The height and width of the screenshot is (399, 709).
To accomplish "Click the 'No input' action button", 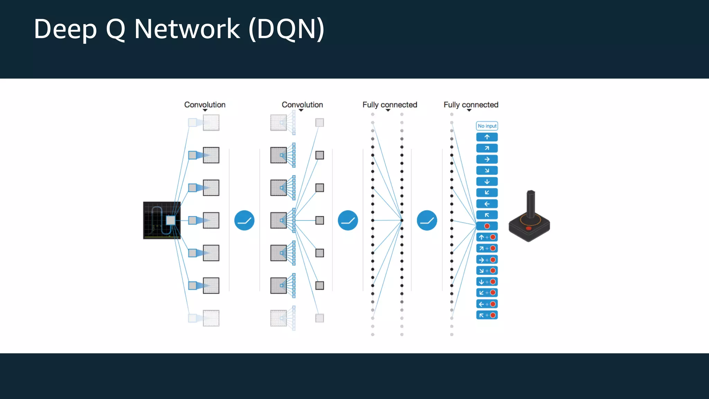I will [487, 126].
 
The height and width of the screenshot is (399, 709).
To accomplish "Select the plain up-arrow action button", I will [487, 137].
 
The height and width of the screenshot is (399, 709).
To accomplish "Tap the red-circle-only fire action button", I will [487, 226].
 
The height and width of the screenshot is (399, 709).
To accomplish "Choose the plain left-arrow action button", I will [487, 204].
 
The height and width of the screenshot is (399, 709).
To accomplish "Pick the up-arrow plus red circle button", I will [487, 237].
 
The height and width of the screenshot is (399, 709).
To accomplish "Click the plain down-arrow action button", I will [487, 181].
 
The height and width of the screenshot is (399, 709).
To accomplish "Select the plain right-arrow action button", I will [487, 159].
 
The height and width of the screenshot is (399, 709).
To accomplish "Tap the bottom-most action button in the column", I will [487, 315].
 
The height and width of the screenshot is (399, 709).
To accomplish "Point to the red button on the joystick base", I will [528, 228].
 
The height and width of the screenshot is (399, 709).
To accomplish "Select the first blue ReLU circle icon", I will [244, 220].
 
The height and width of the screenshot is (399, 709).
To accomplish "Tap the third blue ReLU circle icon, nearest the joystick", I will [427, 220].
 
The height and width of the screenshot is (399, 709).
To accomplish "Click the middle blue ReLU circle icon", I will [348, 220].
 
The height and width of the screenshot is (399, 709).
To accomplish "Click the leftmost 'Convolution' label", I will [205, 105].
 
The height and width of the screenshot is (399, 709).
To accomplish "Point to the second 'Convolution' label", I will [302, 105].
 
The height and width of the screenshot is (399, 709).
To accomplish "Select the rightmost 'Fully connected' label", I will [471, 105].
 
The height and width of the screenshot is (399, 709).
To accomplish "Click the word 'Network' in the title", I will [187, 29].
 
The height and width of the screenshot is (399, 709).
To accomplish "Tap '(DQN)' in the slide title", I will [286, 29].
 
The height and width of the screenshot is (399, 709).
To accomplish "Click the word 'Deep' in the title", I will [65, 29].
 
